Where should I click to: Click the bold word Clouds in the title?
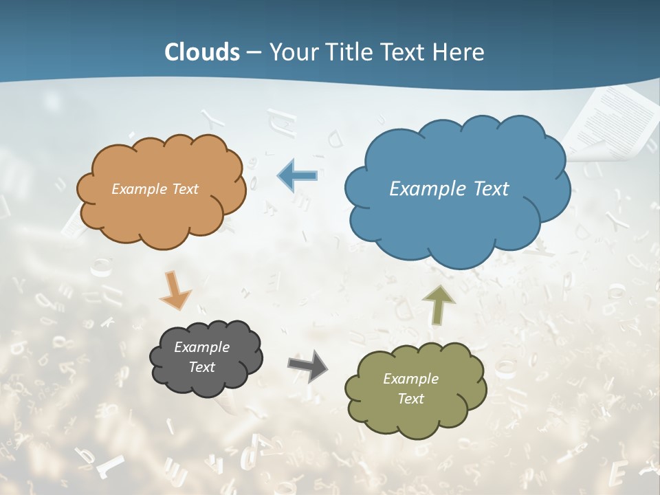pos(202,52)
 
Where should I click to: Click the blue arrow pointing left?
pos(297,176)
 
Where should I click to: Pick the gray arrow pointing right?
pos(309,366)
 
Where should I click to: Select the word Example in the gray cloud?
pos(201,347)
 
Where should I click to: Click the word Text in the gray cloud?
pos(201,367)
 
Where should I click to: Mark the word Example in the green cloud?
pos(410,379)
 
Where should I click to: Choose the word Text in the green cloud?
pos(410,399)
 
